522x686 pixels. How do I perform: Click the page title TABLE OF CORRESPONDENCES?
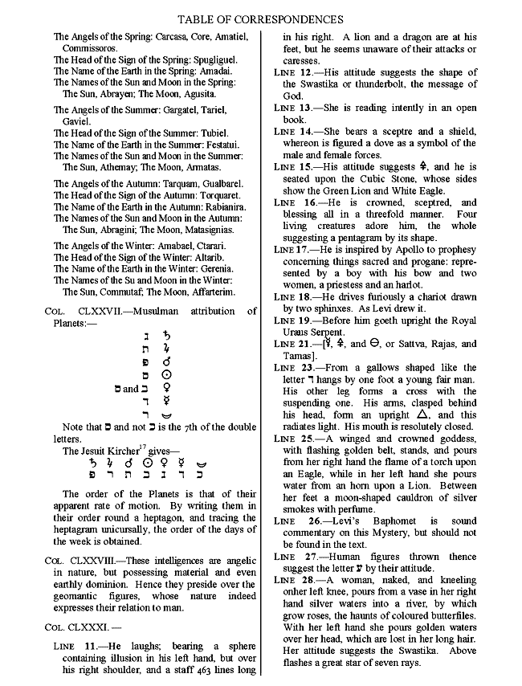pyautogui.click(x=260, y=18)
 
